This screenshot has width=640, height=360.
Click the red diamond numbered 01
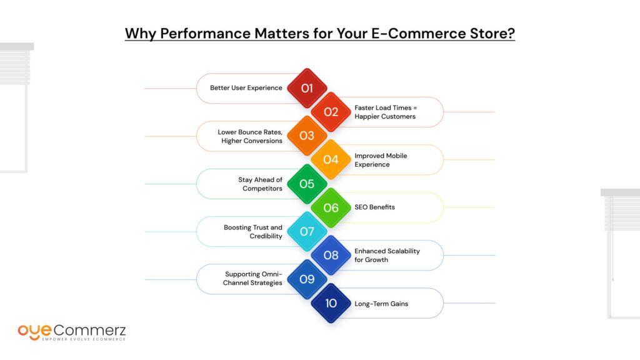[x=307, y=88]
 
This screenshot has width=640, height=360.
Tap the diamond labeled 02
[x=331, y=112]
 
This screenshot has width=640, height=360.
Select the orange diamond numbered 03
[x=307, y=136]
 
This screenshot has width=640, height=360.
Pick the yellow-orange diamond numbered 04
[x=331, y=159]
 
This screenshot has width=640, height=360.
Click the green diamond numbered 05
[x=307, y=184]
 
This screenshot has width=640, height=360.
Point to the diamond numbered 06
[x=331, y=207]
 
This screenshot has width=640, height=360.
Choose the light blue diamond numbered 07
[x=307, y=231]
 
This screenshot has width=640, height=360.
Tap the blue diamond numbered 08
[x=331, y=255]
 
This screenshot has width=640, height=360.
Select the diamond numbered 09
[x=307, y=279]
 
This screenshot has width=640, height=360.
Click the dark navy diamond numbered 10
[x=331, y=303]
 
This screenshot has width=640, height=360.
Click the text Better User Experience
[x=246, y=87]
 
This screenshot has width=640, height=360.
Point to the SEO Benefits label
[x=375, y=207]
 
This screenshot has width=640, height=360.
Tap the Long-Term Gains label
[x=381, y=304]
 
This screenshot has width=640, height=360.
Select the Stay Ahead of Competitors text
[x=261, y=184]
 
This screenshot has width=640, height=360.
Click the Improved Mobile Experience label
[x=381, y=160]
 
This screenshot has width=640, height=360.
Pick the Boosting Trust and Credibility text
[x=253, y=232]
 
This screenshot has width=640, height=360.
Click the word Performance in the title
[x=205, y=34]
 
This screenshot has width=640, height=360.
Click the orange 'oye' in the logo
[x=35, y=332]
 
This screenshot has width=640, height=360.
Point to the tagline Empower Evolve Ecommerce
[x=84, y=339]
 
